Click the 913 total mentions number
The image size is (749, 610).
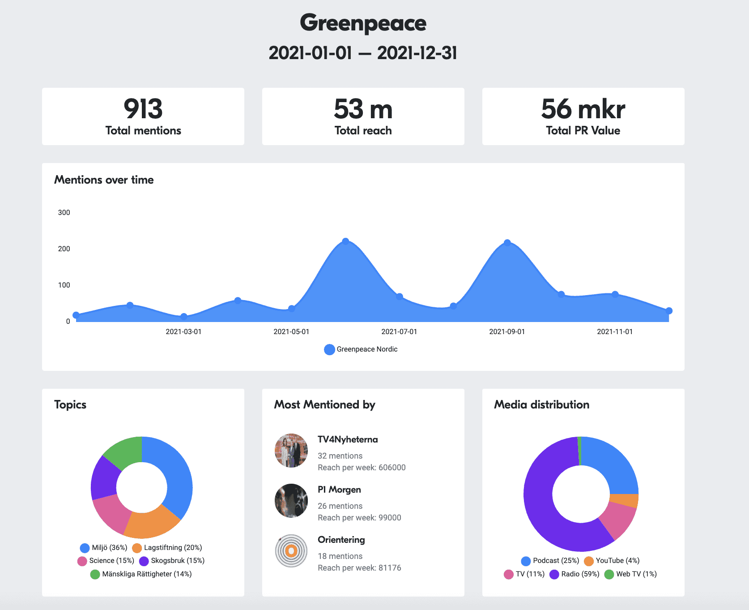[x=143, y=109]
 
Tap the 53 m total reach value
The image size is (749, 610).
[x=363, y=109]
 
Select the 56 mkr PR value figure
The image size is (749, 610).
[x=583, y=109]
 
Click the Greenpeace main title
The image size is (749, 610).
[x=363, y=23]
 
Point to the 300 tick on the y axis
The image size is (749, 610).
[x=64, y=213]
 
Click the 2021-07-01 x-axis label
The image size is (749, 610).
[x=399, y=332]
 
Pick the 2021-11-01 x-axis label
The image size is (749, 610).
[x=615, y=332]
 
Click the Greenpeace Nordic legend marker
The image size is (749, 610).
[x=329, y=349]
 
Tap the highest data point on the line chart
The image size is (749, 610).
[x=345, y=241]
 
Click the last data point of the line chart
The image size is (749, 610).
[x=669, y=311]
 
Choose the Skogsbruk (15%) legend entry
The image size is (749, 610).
[x=172, y=561]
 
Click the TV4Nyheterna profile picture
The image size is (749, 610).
[x=291, y=451]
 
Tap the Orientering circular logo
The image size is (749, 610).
[x=291, y=551]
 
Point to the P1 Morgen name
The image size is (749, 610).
[x=339, y=490]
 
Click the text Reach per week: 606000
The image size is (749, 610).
[x=362, y=468]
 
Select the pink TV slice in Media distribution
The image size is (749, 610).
[x=618, y=520]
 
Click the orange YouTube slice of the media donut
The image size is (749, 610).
[x=624, y=500]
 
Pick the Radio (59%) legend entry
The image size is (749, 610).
[x=575, y=574]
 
